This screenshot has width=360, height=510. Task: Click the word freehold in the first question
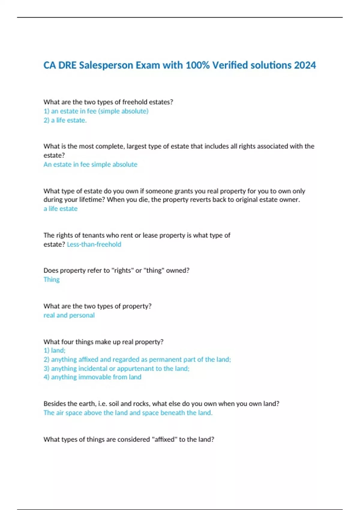click(x=135, y=102)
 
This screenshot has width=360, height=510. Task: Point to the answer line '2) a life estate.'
click(x=65, y=120)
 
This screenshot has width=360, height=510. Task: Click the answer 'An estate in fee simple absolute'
click(x=90, y=164)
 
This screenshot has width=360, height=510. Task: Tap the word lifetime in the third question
click(x=91, y=200)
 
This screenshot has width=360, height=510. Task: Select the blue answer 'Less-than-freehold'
click(x=94, y=244)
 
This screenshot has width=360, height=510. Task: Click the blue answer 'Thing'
click(x=52, y=280)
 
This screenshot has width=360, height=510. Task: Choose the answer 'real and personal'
click(x=69, y=315)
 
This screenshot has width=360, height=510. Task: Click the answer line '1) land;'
click(x=54, y=350)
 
